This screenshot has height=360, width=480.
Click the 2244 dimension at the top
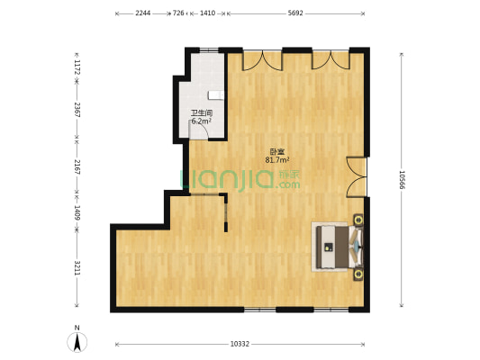pyautogui.click(x=143, y=13)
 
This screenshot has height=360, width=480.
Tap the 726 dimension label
pyautogui.click(x=178, y=13)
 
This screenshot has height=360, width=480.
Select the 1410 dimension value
pyautogui.click(x=207, y=13)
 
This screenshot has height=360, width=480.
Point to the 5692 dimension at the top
pyautogui.click(x=295, y=13)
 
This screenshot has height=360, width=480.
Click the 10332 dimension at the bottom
pyautogui.click(x=240, y=344)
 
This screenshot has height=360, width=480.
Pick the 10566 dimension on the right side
pyautogui.click(x=402, y=180)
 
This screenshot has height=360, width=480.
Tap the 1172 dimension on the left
pyautogui.click(x=77, y=67)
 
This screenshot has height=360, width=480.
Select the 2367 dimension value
pyautogui.click(x=77, y=110)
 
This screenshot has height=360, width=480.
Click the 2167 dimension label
pyautogui.click(x=77, y=167)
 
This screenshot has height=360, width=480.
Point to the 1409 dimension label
pyautogui.click(x=77, y=213)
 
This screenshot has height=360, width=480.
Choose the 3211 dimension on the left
pyautogui.click(x=77, y=268)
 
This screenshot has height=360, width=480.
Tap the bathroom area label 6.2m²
pyautogui.click(x=202, y=121)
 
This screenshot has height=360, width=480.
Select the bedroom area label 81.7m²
pyautogui.click(x=277, y=159)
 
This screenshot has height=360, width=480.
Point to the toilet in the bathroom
pyautogui.click(x=216, y=95)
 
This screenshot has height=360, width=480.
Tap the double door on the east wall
pyautogui.click(x=357, y=177)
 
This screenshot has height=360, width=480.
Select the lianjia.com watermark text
pyautogui.click(x=240, y=179)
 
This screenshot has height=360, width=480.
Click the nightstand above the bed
pyautogui.click(x=358, y=220)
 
